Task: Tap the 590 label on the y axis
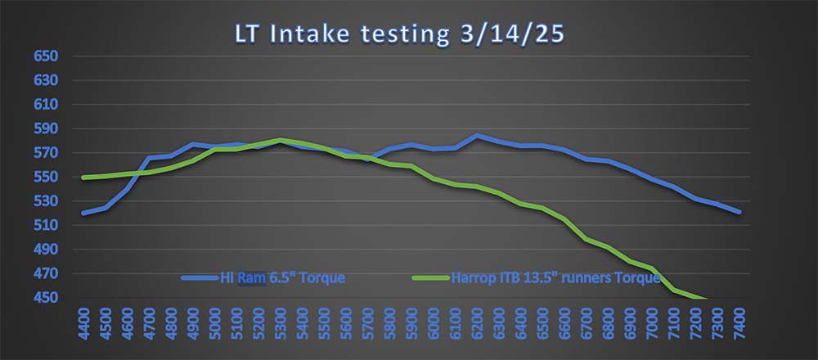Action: click(x=44, y=129)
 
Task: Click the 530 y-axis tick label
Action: click(x=44, y=201)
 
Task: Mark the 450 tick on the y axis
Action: click(x=44, y=298)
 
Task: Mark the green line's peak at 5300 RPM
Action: click(x=281, y=140)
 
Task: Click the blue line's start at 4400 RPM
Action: click(x=84, y=213)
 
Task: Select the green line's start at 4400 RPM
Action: click(x=84, y=178)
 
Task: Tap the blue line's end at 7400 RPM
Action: click(x=739, y=212)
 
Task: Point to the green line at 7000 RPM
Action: click(x=652, y=268)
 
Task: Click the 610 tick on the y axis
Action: click(x=44, y=105)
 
